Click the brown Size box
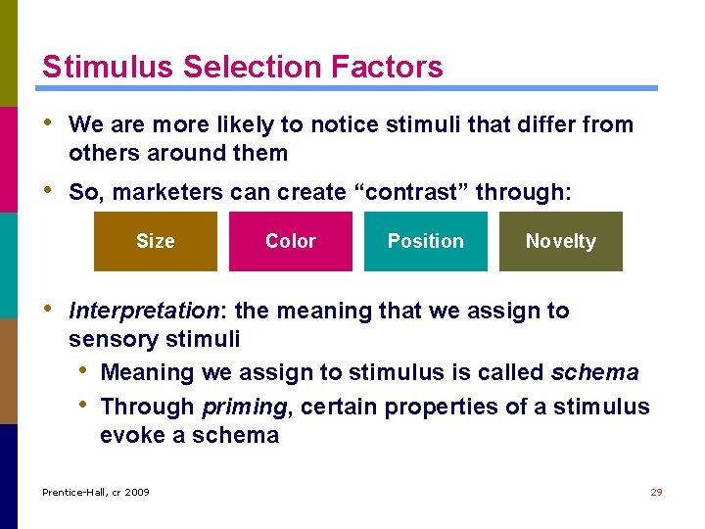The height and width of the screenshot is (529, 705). (155, 241)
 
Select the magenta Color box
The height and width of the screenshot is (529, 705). (290, 241)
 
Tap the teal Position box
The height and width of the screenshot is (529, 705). (425, 241)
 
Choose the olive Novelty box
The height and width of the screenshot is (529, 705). (560, 241)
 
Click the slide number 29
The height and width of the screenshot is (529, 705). (656, 492)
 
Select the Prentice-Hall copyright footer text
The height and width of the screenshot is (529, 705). (96, 492)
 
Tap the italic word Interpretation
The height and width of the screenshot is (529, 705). (144, 312)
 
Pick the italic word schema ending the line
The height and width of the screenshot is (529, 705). (594, 373)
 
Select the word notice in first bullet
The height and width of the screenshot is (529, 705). (341, 125)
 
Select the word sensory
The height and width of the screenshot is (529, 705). (107, 340)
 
